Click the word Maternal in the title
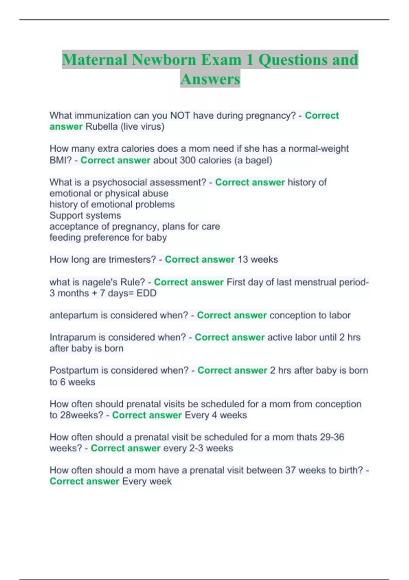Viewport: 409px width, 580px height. click(94, 60)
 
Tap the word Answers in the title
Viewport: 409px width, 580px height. click(210, 79)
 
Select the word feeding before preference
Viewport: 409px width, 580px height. click(65, 237)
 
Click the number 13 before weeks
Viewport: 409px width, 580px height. click(243, 260)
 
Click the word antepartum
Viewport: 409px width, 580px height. click(73, 315)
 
